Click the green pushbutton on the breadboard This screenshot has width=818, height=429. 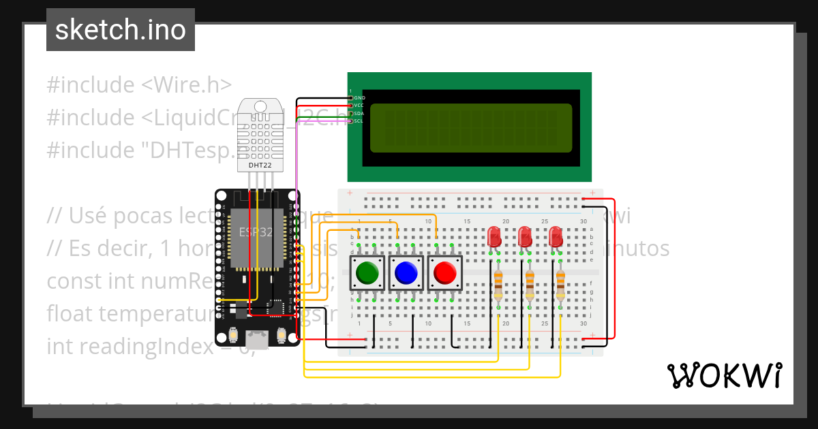tap(368, 273)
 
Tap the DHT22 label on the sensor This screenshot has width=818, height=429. tap(260, 165)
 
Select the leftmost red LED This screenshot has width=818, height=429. tap(494, 237)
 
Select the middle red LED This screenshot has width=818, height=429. tap(525, 237)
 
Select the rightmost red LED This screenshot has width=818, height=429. tap(556, 237)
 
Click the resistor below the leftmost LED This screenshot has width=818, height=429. tap(498, 285)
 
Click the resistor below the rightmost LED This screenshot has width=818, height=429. tap(560, 285)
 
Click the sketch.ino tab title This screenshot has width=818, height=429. tap(121, 30)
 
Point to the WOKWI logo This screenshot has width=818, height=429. tap(724, 375)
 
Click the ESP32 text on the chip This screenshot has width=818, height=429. tap(255, 232)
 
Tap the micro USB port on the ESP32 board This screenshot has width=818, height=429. tap(257, 337)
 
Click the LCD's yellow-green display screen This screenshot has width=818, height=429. tap(470, 128)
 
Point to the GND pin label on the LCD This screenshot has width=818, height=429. tap(360, 98)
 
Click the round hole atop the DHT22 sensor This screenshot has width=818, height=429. tap(260, 106)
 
